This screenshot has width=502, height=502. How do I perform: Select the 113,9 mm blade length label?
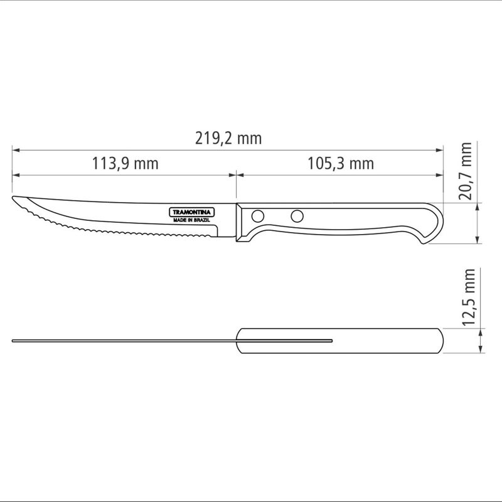tap(125, 164)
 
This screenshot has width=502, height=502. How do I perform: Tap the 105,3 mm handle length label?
tap(340, 164)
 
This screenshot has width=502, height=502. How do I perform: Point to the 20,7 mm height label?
tap(466, 171)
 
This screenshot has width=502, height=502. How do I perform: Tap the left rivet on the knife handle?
tap(257, 216)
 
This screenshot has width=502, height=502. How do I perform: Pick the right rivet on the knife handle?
tap(297, 217)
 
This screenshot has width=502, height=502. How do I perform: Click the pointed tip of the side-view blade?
tap(14, 200)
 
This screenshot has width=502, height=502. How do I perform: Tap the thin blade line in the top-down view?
tap(125, 341)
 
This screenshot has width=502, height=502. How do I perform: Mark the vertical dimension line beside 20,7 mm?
tap(480, 223)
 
